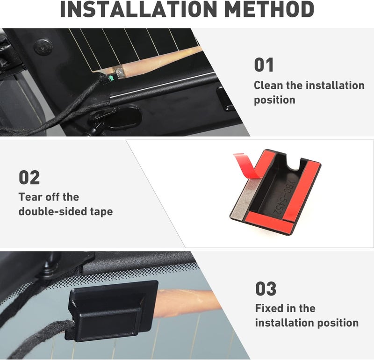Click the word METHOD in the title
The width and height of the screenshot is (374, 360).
coord(269,9)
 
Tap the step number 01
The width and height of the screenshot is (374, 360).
coord(264,65)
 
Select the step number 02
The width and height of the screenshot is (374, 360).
coord(29,177)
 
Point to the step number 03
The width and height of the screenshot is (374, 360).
coord(266,288)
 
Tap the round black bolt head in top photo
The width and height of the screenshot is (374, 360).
coord(43,47)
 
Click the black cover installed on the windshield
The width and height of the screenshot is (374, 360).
coord(111,310)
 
